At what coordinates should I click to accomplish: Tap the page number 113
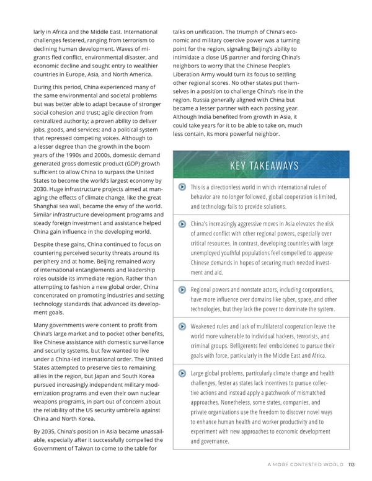point(352,469)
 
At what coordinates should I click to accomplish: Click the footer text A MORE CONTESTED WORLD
point(306,469)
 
